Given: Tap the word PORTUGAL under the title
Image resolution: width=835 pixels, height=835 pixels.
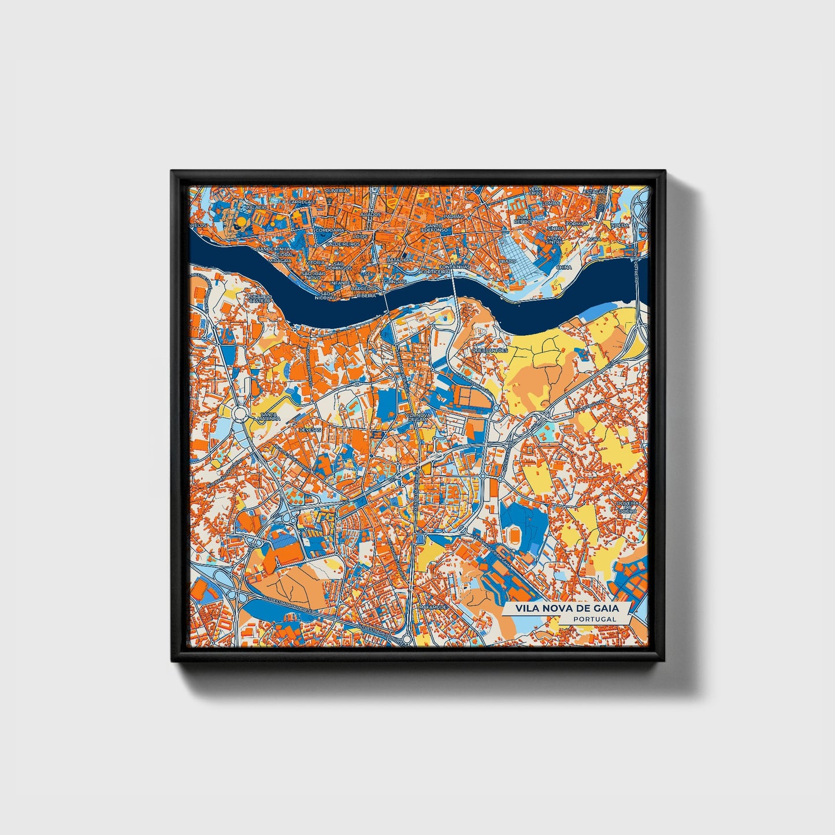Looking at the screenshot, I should [x=594, y=618].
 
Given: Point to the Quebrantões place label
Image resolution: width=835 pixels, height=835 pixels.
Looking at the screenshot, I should [x=489, y=350].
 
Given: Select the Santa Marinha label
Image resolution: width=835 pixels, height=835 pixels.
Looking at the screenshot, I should [x=270, y=417].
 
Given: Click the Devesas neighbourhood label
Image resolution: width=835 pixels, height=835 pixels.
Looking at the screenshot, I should [x=309, y=429].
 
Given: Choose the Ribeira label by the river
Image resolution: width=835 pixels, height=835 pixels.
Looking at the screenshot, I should [x=367, y=295].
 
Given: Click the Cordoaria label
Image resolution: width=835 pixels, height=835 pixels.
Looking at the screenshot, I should [x=330, y=229].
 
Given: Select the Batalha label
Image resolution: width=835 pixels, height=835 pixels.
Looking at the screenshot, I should [x=398, y=260].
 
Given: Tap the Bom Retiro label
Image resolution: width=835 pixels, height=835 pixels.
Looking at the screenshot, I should [x=523, y=219].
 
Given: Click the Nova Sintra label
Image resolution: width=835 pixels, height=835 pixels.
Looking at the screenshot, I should [x=554, y=240].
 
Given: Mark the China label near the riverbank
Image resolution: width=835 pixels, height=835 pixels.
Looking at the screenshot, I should [x=563, y=268].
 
